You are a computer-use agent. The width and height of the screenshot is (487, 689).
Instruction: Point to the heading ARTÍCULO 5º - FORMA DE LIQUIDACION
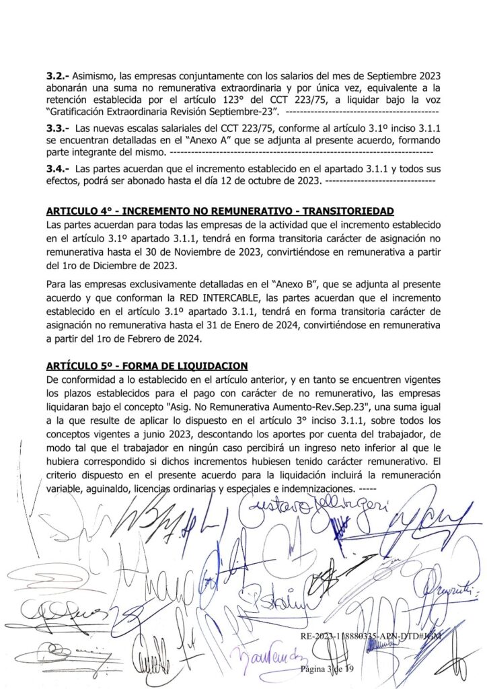(x=147, y=365)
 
